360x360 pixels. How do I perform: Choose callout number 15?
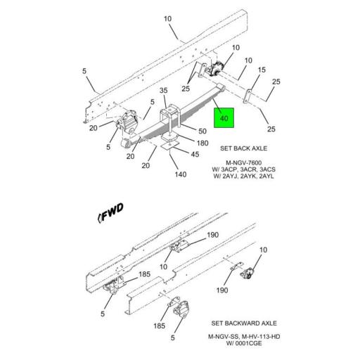coord(261,70)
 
